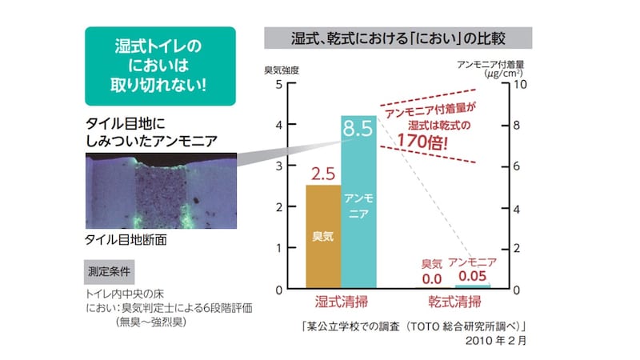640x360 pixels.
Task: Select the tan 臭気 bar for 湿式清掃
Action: pos(323,237)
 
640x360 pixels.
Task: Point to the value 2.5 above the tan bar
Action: pos(323,172)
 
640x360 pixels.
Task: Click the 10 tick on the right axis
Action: pos(519,84)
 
